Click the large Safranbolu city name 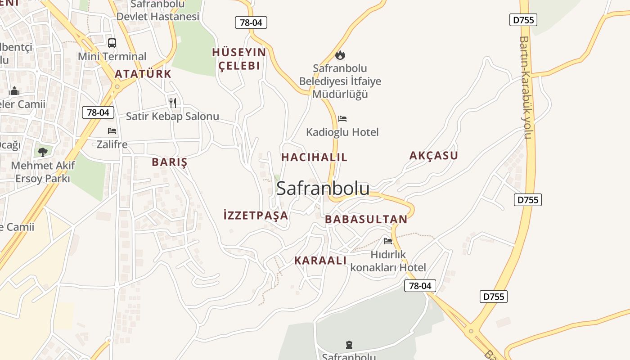[x=323, y=188]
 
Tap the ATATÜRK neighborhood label [x=143, y=74]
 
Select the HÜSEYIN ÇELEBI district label [x=239, y=59]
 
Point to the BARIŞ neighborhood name [x=169, y=162]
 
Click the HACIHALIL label [x=314, y=157]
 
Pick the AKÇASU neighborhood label [x=433, y=156]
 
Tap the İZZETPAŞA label [x=256, y=215]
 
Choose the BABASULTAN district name [x=366, y=219]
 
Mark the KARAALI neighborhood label [x=320, y=261]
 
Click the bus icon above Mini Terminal [x=112, y=43]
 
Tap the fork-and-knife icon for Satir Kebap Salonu [x=172, y=103]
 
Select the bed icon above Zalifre [x=112, y=131]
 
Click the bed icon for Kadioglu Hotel [x=342, y=119]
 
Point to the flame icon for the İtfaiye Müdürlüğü [x=340, y=55]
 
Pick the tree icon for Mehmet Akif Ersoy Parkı [x=43, y=152]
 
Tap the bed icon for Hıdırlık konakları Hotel [x=388, y=241]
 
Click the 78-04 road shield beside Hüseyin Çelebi [x=251, y=22]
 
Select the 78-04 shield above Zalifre [x=98, y=112]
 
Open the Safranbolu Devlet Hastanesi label [x=158, y=11]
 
